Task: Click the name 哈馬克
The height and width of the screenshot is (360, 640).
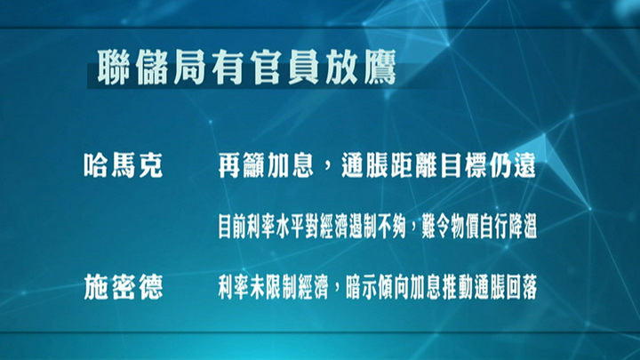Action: (x=124, y=165)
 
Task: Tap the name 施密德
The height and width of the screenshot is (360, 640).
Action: (x=124, y=287)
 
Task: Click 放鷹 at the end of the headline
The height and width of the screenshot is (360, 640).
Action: (x=360, y=68)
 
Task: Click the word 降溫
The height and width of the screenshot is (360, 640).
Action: (x=522, y=226)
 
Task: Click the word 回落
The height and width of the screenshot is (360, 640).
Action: (x=522, y=287)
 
